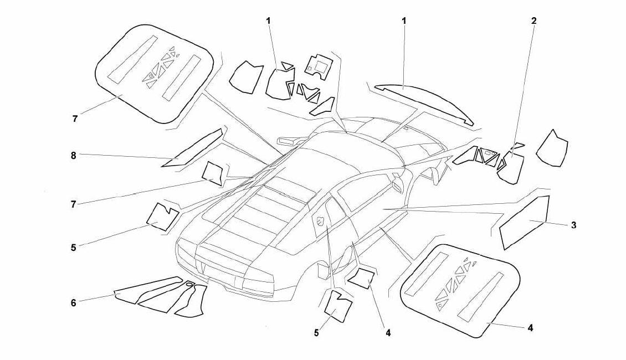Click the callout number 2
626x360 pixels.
tap(534, 20)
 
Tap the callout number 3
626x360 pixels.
tap(574, 225)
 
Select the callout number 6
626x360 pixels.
tap(74, 303)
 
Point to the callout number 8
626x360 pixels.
tap(74, 155)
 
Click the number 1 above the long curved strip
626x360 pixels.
tap(404, 20)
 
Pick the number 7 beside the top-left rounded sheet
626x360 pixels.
tap(75, 119)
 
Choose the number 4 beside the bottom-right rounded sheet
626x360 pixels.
tap(530, 328)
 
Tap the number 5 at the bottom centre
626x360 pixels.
tap(316, 332)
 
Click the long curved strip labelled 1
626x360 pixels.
tap(424, 102)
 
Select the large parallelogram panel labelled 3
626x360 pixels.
tap(524, 222)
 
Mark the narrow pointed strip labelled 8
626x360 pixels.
tap(192, 148)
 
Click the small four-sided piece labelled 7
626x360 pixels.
tap(213, 173)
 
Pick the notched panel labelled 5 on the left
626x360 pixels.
tap(163, 217)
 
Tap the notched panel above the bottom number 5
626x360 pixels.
tap(338, 305)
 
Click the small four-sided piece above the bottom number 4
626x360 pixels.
tap(361, 278)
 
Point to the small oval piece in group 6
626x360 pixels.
tap(189, 284)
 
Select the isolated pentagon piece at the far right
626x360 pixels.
tap(552, 148)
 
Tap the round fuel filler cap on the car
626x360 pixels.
tap(321, 221)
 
